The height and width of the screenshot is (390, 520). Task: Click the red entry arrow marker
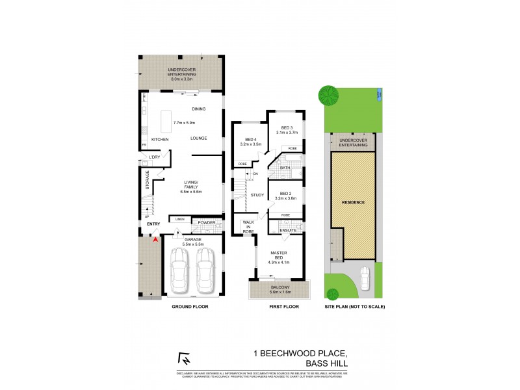pos(155,239)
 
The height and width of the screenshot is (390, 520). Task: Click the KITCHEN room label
pos(160,140)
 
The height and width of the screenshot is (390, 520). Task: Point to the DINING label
pos(200,109)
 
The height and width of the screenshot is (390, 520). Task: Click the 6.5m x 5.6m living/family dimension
pos(191,192)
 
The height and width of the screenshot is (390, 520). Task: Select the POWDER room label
pos(207,223)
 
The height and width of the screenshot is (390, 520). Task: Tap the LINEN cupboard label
pos(180,219)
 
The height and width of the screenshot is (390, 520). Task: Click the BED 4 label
pos(252,140)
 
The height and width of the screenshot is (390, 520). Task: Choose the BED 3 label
pos(287,127)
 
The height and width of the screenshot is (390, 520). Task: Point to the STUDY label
pos(257,194)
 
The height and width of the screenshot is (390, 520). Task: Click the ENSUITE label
pos(288,230)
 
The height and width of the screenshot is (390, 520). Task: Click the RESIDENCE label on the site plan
pos(354,202)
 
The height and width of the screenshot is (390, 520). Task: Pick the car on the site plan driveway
pos(365,279)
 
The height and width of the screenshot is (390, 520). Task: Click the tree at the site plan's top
pos(328,96)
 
